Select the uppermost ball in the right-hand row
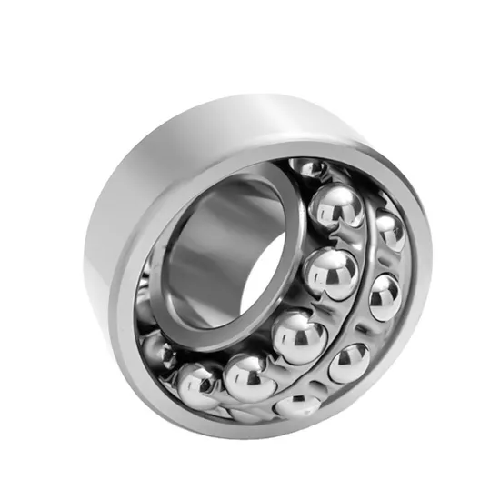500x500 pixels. (389, 231)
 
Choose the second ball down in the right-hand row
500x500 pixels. (384, 296)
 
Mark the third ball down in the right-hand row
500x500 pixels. (349, 363)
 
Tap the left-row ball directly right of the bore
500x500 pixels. (329, 272)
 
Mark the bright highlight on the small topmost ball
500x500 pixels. (305, 165)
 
